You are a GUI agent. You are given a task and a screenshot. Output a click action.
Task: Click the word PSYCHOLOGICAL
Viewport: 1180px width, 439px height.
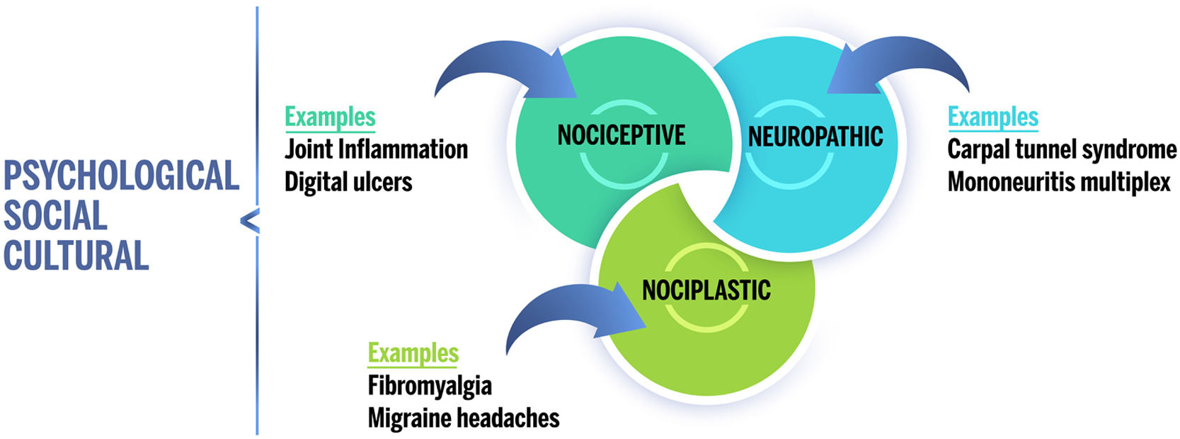121,176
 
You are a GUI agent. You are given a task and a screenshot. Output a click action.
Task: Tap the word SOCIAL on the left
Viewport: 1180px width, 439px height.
55,216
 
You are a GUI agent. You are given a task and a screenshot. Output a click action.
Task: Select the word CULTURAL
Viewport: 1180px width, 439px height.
76,256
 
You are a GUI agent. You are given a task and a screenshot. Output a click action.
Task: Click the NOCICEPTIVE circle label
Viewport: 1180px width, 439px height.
621,135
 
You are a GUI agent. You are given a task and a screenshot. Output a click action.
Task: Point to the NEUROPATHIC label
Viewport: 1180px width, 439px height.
815,136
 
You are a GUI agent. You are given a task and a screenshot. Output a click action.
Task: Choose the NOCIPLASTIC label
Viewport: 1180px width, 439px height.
706,290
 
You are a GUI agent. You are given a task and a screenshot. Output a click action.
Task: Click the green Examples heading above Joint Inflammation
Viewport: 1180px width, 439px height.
330,117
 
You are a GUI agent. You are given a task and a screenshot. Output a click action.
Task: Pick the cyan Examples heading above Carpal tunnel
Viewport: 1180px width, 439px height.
993,117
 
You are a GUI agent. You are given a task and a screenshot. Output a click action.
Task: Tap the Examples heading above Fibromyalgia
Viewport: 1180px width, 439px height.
413,353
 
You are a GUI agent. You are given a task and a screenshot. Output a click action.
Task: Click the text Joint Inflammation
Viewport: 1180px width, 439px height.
376,149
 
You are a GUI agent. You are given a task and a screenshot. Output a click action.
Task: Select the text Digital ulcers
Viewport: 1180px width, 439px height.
348,182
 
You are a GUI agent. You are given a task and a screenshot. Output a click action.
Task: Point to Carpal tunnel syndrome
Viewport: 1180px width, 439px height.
1062,149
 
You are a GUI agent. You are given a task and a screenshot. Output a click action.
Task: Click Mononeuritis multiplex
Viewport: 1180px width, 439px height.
1059,182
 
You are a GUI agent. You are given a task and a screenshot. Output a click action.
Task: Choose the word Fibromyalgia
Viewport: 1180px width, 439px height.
430,386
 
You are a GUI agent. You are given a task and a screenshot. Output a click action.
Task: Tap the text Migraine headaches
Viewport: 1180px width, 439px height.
464,418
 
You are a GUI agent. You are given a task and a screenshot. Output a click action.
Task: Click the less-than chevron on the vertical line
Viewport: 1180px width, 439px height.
250,222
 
